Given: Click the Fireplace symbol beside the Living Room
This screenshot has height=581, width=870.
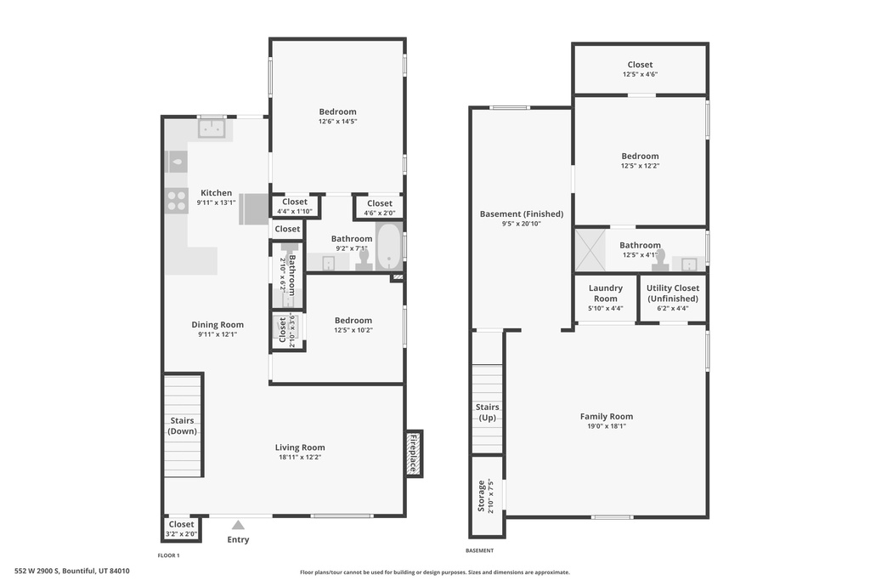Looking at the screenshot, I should (x=414, y=453).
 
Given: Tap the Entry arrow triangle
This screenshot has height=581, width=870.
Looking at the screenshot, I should (x=239, y=526).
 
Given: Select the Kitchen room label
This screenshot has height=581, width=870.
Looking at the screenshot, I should (x=216, y=193).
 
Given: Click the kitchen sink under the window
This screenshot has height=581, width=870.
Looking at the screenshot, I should (x=211, y=128).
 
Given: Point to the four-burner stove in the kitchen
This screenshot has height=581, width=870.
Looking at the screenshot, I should (x=177, y=201).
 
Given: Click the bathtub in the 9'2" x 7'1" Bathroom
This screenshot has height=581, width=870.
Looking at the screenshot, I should (x=389, y=247).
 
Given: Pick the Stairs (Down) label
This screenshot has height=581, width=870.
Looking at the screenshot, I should (x=183, y=425).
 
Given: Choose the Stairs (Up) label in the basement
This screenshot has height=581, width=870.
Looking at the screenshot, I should (x=488, y=413).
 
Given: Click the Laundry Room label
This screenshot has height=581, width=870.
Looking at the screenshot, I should (x=605, y=293).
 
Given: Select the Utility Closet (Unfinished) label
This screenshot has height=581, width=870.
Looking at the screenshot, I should (x=672, y=293).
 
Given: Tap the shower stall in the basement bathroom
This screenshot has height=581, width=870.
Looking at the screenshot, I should (x=589, y=249).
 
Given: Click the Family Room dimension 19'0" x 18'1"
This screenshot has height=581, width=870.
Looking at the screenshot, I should (x=607, y=427).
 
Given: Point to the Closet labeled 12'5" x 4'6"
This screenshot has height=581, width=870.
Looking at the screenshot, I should (x=640, y=69).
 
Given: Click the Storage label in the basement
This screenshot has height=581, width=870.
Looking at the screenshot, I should (x=481, y=496).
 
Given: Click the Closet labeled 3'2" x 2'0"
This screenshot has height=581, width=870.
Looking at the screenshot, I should (x=181, y=528).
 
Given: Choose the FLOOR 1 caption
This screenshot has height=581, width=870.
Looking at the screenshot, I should (x=168, y=555).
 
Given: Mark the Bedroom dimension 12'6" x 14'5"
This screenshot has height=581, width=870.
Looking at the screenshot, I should (x=337, y=122).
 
